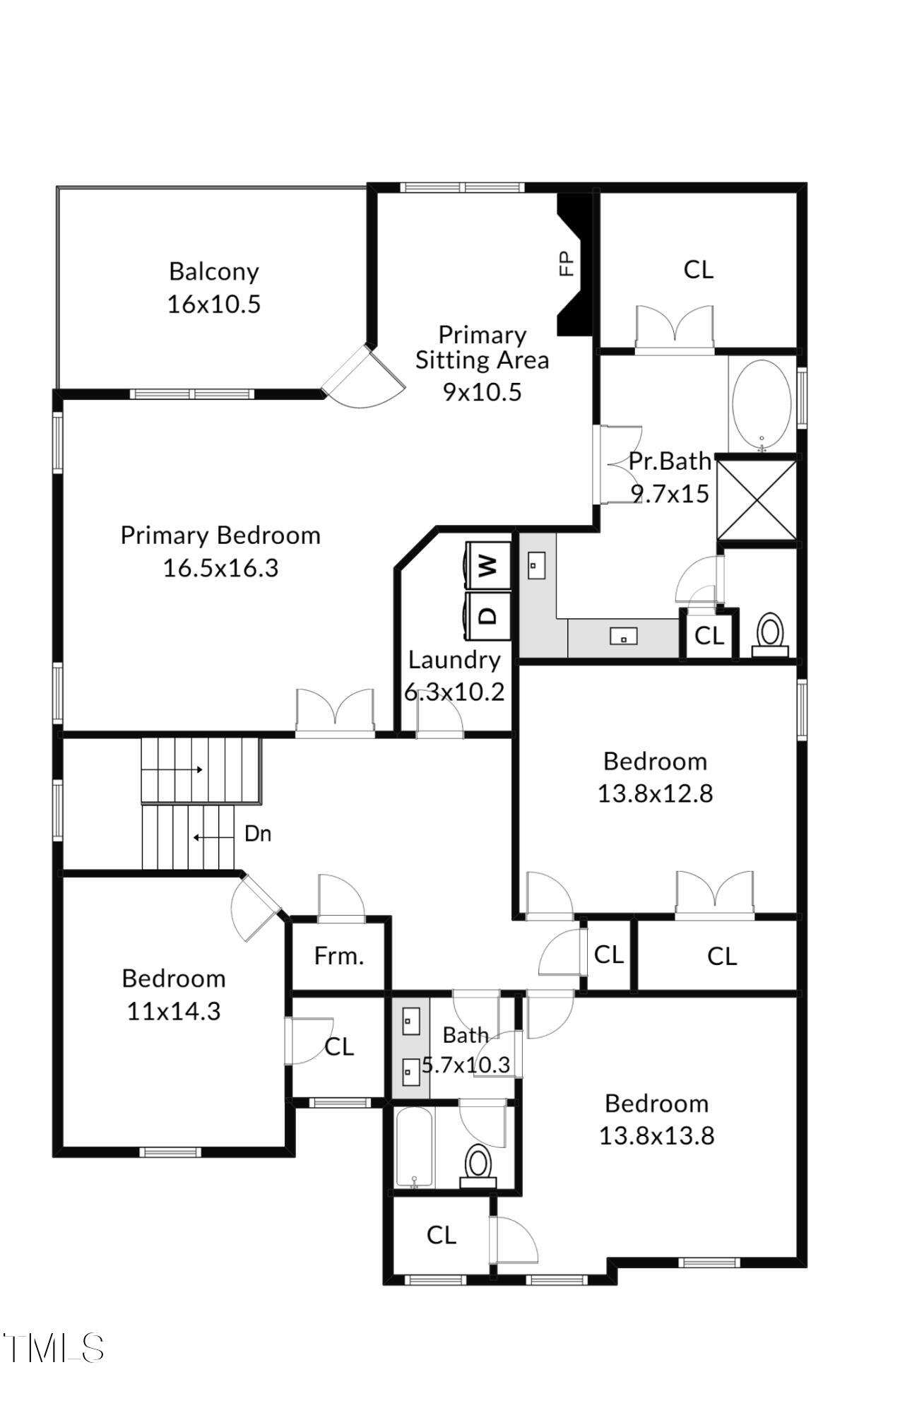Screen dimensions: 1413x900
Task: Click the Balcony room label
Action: click(214, 271)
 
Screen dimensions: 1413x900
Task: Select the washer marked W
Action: click(488, 564)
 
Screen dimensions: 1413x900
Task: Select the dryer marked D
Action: click(488, 615)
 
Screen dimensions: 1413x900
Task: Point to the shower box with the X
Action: click(757, 500)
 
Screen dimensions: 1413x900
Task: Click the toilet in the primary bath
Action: click(769, 632)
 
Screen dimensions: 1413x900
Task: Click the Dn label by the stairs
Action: click(258, 834)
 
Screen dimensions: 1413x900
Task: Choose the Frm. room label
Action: click(339, 957)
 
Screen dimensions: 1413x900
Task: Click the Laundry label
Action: click(454, 660)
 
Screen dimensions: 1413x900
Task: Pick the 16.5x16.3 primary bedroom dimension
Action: click(220, 568)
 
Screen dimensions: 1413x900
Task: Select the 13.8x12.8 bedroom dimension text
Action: click(655, 793)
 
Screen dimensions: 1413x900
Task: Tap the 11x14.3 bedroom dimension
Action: click(174, 1011)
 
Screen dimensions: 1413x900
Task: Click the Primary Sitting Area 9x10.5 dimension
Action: click(482, 391)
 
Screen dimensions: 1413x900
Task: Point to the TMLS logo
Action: click(54, 1348)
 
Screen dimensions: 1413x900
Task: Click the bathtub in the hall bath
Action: click(415, 1147)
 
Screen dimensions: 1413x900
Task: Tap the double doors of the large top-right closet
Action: click(675, 329)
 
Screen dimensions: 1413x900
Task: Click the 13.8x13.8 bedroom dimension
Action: click(656, 1135)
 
